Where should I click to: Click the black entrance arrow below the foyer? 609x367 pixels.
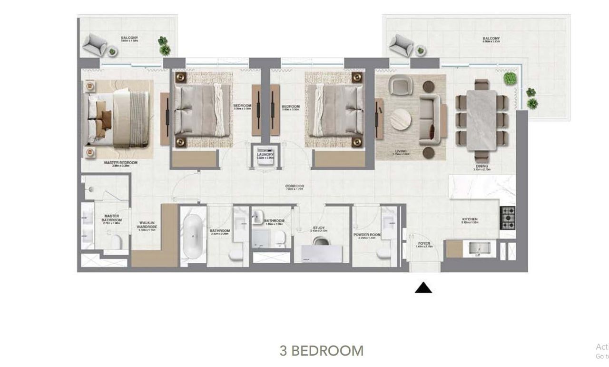pos(423,288)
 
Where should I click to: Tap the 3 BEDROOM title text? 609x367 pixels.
pos(322,351)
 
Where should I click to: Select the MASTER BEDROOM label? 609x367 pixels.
pos(121,163)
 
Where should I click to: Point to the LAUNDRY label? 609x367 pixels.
pos(265,155)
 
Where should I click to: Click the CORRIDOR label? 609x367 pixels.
pos(295,186)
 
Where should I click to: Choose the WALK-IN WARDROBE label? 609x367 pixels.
pos(147,225)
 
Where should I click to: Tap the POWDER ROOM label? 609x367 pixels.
pos(367,235)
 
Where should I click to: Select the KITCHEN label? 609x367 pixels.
pos(470,219)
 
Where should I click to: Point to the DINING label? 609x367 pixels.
pos(481,167)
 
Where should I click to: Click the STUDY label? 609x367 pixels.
pos(318,228)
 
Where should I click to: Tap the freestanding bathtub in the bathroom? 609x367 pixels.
pos(193,236)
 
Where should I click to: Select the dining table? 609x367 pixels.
pos(481,120)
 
